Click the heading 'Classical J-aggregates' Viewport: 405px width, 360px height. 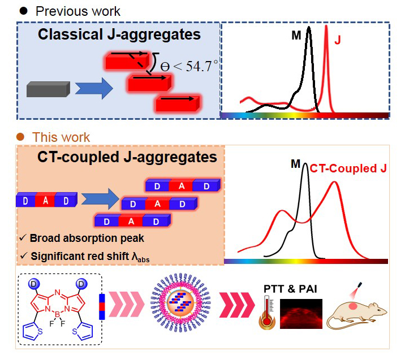[119, 34]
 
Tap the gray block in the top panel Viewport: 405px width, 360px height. [48, 90]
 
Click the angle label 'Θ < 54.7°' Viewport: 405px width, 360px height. [184, 66]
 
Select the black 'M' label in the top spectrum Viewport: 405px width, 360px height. [296, 36]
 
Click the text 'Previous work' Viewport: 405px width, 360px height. [77, 11]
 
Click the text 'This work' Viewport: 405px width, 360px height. [61, 137]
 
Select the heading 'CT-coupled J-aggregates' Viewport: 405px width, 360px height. [120, 157]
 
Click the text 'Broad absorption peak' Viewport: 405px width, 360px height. [85, 238]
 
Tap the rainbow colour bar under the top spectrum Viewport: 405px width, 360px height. [304, 115]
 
